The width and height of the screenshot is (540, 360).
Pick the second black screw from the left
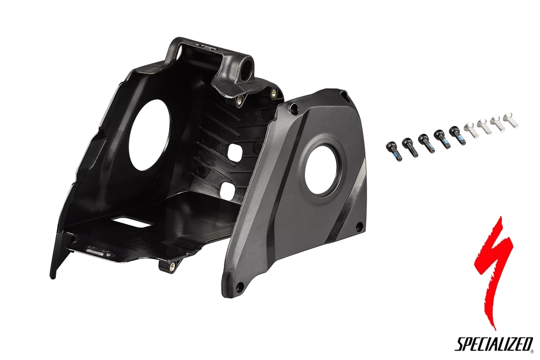[x=409, y=147]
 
